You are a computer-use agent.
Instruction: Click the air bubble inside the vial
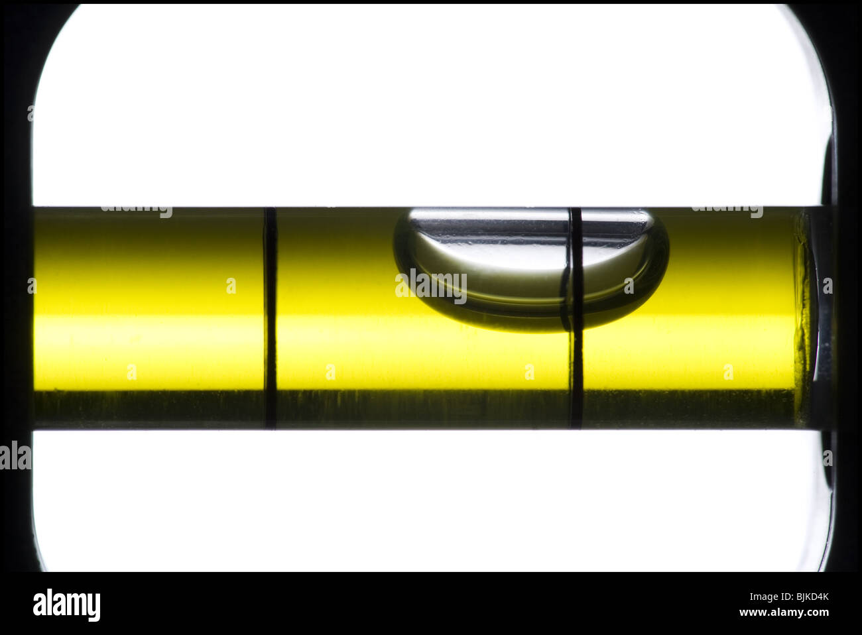[x=531, y=269]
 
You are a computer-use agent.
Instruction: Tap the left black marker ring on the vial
[x=270, y=318]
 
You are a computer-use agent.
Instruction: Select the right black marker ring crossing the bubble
[x=576, y=318]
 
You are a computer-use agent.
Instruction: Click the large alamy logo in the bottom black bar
[x=66, y=605]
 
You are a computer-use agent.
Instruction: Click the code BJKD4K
[x=812, y=597]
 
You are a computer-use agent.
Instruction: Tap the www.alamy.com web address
[x=784, y=612]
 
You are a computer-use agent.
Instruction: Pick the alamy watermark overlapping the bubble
[x=431, y=286]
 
